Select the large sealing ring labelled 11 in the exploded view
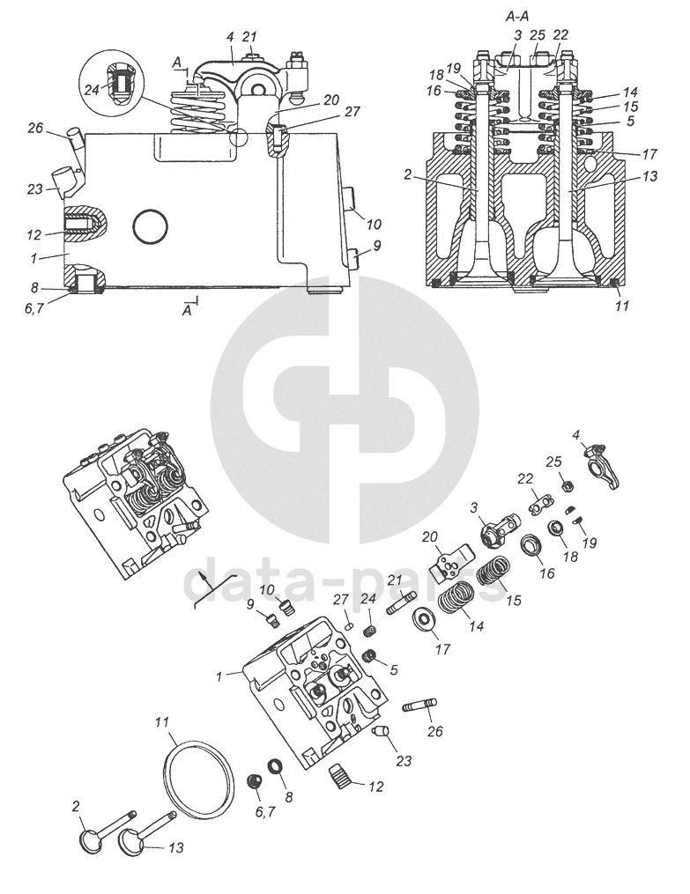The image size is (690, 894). pos(201,776)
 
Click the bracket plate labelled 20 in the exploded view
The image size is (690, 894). pos(450,558)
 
